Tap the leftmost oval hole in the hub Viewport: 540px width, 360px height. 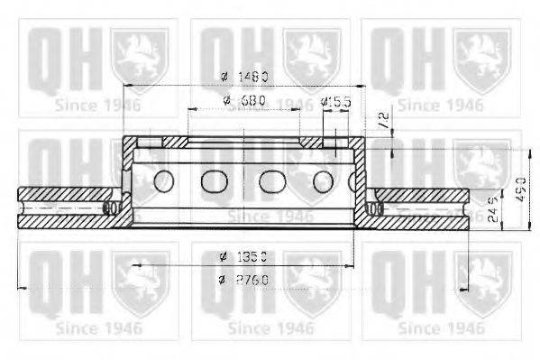[163, 180]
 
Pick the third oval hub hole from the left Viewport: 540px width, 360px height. [272, 180]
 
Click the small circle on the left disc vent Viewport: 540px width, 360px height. [113, 208]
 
